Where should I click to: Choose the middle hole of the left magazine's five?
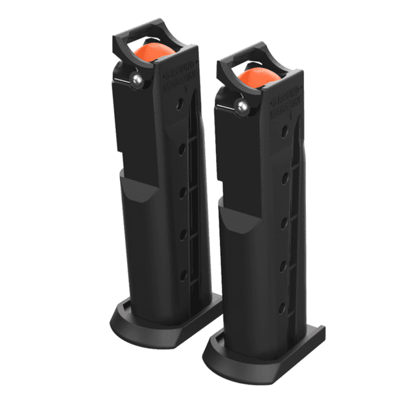click(183, 192)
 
